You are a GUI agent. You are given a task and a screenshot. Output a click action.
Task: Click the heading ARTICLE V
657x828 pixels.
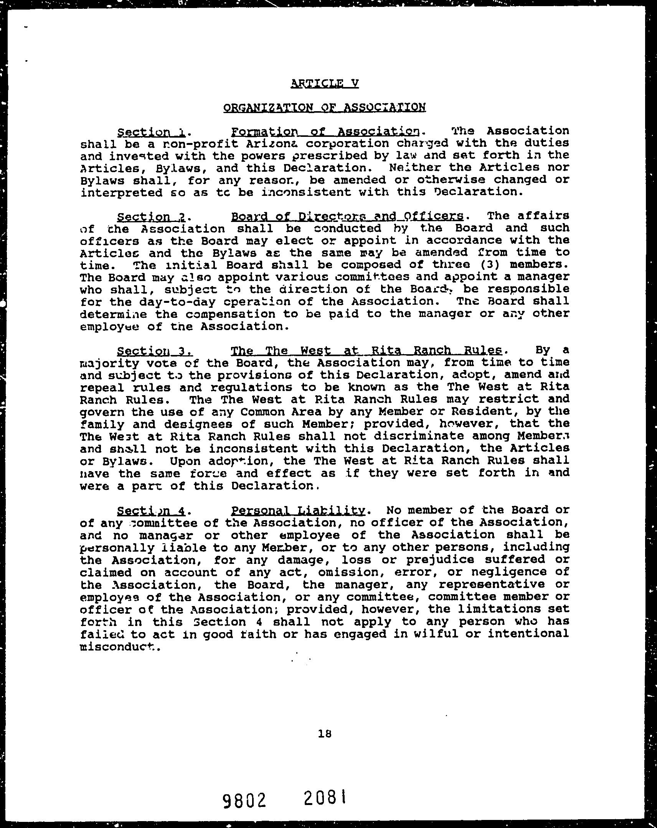(x=325, y=83)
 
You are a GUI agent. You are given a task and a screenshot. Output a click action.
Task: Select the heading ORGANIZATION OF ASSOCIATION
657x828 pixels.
(x=324, y=107)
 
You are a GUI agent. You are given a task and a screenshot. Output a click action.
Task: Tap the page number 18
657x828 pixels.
(x=325, y=734)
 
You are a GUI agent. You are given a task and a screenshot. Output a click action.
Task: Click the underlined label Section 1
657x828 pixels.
(x=151, y=133)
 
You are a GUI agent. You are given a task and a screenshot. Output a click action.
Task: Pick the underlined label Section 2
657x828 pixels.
(x=151, y=217)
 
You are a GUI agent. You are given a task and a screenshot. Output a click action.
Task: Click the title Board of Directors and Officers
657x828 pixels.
(x=347, y=216)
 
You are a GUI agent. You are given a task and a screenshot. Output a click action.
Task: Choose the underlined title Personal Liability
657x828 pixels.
(x=298, y=510)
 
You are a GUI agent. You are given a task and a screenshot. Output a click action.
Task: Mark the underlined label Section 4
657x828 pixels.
(x=152, y=511)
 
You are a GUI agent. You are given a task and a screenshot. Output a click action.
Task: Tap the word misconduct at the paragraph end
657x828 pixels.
(x=119, y=647)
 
